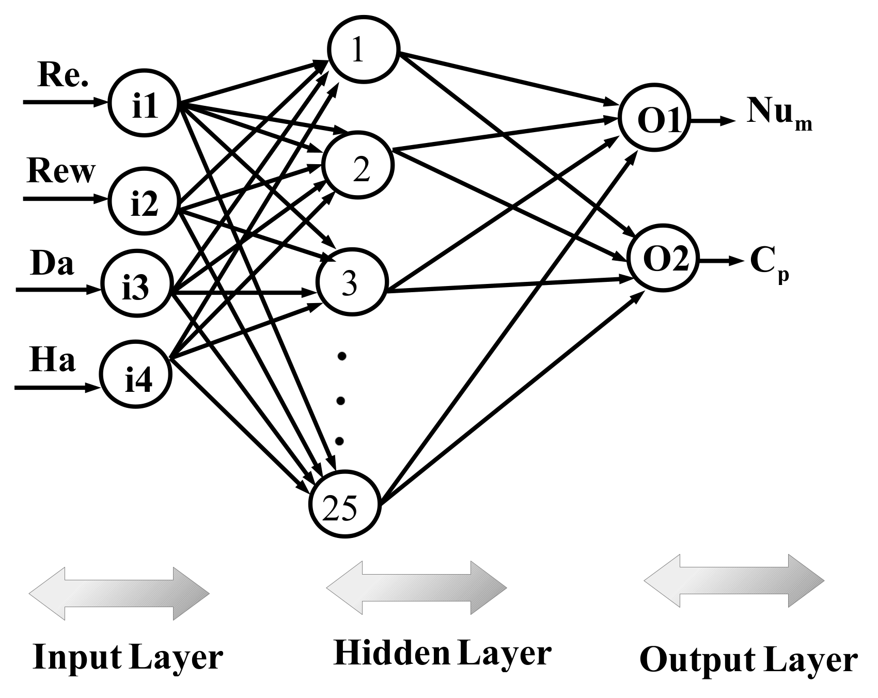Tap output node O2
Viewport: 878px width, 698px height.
click(x=664, y=259)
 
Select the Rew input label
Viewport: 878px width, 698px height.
click(x=61, y=171)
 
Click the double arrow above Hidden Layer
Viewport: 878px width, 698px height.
click(x=416, y=588)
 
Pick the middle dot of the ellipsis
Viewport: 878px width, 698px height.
click(x=340, y=400)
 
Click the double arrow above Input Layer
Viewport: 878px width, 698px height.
click(x=119, y=594)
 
